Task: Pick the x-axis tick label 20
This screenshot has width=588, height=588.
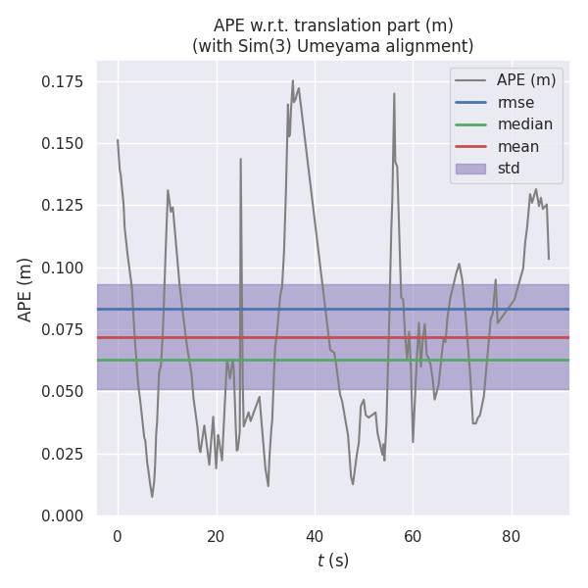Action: click(216, 536)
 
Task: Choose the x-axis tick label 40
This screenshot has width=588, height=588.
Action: click(315, 536)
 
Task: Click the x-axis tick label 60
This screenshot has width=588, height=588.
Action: click(413, 536)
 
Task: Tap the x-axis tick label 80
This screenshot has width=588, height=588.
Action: click(512, 536)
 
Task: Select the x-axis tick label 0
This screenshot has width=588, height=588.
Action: click(118, 536)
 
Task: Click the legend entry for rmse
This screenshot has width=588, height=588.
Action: click(515, 102)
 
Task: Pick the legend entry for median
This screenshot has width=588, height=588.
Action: click(524, 124)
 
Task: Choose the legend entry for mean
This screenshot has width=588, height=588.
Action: click(517, 147)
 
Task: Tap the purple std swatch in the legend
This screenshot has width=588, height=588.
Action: click(472, 169)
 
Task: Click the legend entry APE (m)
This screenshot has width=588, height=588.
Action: click(525, 80)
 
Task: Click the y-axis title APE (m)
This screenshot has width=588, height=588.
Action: click(26, 289)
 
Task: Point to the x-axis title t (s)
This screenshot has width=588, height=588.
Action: click(333, 561)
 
